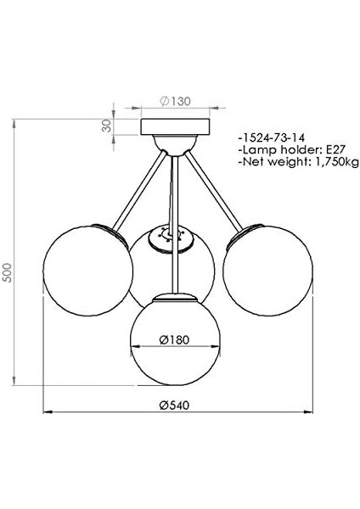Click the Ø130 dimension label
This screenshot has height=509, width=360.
(175, 101)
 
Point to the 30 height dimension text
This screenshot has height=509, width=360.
(106, 126)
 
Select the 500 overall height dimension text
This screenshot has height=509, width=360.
(7, 272)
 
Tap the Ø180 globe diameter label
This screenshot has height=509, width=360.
(174, 340)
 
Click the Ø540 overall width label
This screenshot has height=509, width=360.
(174, 406)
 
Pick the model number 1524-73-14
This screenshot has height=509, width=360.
(272, 137)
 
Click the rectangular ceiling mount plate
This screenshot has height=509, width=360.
(175, 127)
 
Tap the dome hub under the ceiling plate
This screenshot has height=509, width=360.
(175, 144)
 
